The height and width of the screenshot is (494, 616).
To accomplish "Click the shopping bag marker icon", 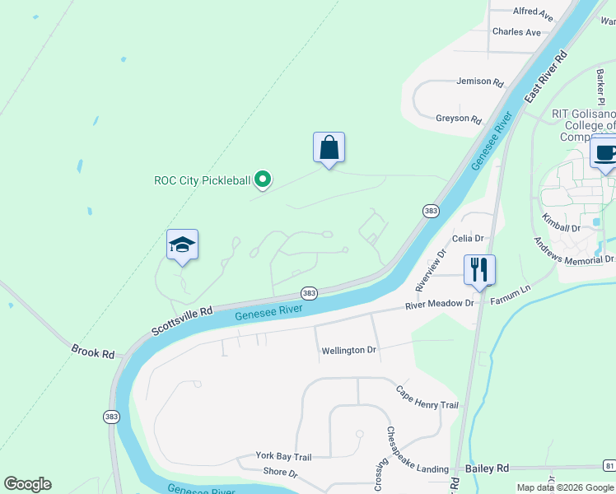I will (x=329, y=148).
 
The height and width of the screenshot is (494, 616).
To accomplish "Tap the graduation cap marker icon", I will (x=182, y=245).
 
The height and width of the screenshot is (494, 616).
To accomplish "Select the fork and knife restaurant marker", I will (x=478, y=268).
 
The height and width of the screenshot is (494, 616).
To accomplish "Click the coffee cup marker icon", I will (x=605, y=152).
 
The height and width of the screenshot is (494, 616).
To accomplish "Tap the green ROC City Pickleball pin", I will (x=263, y=178).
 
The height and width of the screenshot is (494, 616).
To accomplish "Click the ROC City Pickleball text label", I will (x=202, y=180).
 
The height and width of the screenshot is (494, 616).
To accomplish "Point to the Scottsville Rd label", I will (x=182, y=322).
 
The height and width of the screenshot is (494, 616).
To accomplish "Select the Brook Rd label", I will (x=92, y=352).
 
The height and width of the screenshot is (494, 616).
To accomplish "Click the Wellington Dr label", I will (x=348, y=350).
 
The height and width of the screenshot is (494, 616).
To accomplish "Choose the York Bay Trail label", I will (x=283, y=456).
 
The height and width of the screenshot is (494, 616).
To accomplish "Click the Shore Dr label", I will (x=280, y=472).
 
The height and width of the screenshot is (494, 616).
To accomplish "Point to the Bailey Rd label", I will (x=488, y=468).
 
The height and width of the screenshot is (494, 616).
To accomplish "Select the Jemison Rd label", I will (x=480, y=82).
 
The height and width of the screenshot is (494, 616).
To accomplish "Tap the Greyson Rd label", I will (x=459, y=119).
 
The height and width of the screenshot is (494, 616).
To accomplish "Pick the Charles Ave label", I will (x=516, y=32).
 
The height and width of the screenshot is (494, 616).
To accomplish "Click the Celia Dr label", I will (x=467, y=238).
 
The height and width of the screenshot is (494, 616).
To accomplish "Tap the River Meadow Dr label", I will (x=441, y=304).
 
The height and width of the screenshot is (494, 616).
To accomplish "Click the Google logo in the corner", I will (x=27, y=484).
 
